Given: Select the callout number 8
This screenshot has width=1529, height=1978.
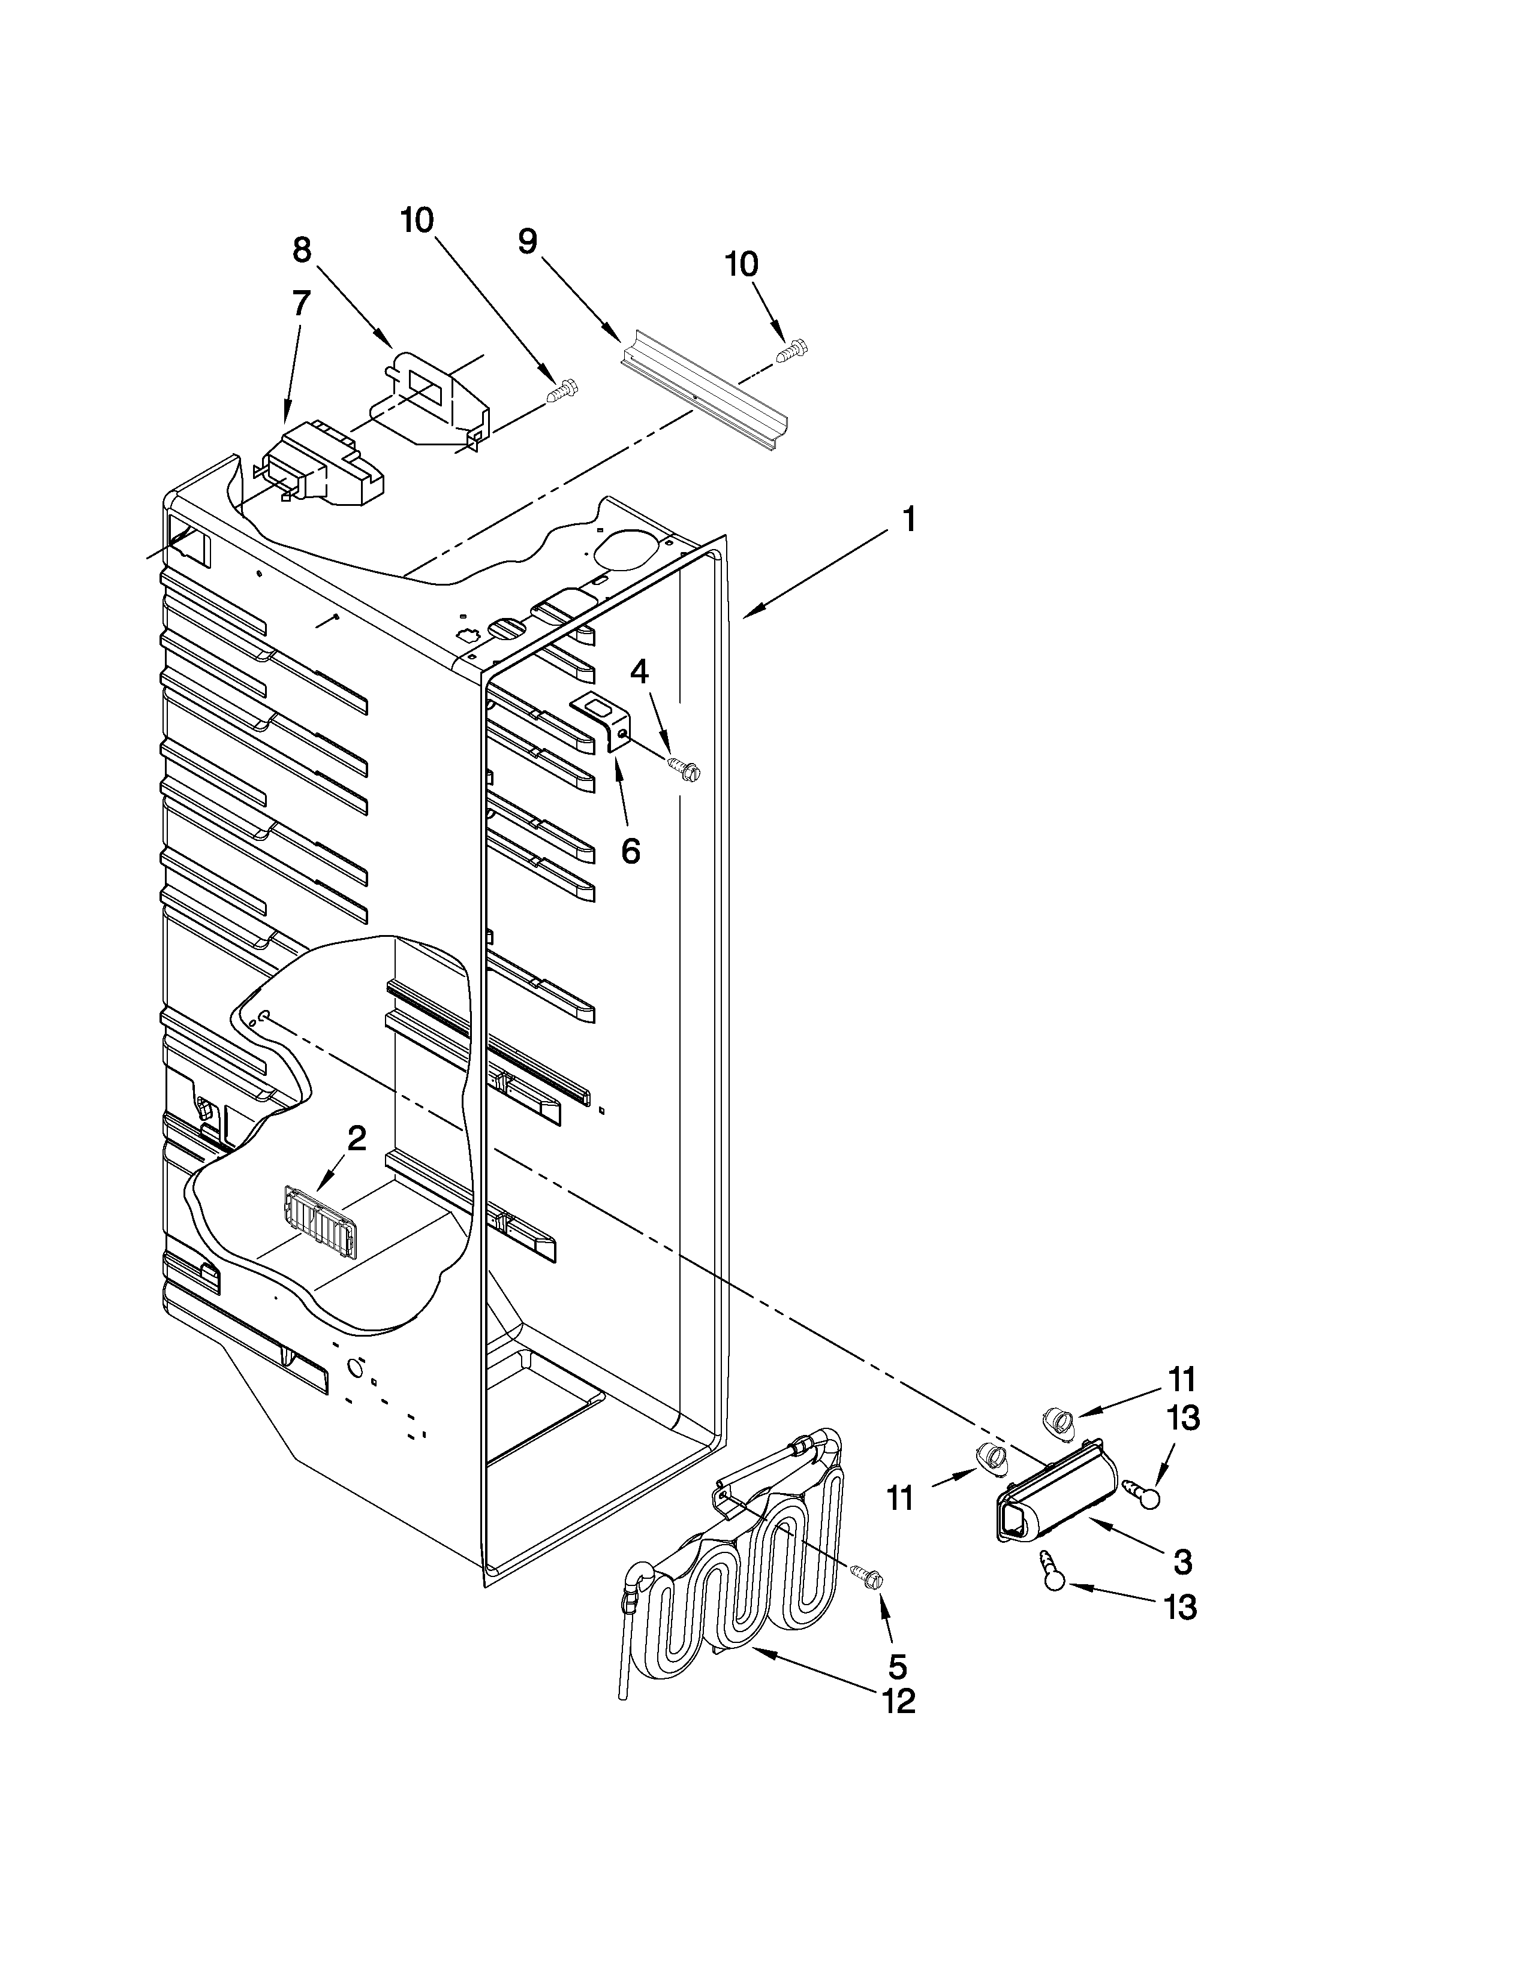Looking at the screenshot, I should point(302,249).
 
